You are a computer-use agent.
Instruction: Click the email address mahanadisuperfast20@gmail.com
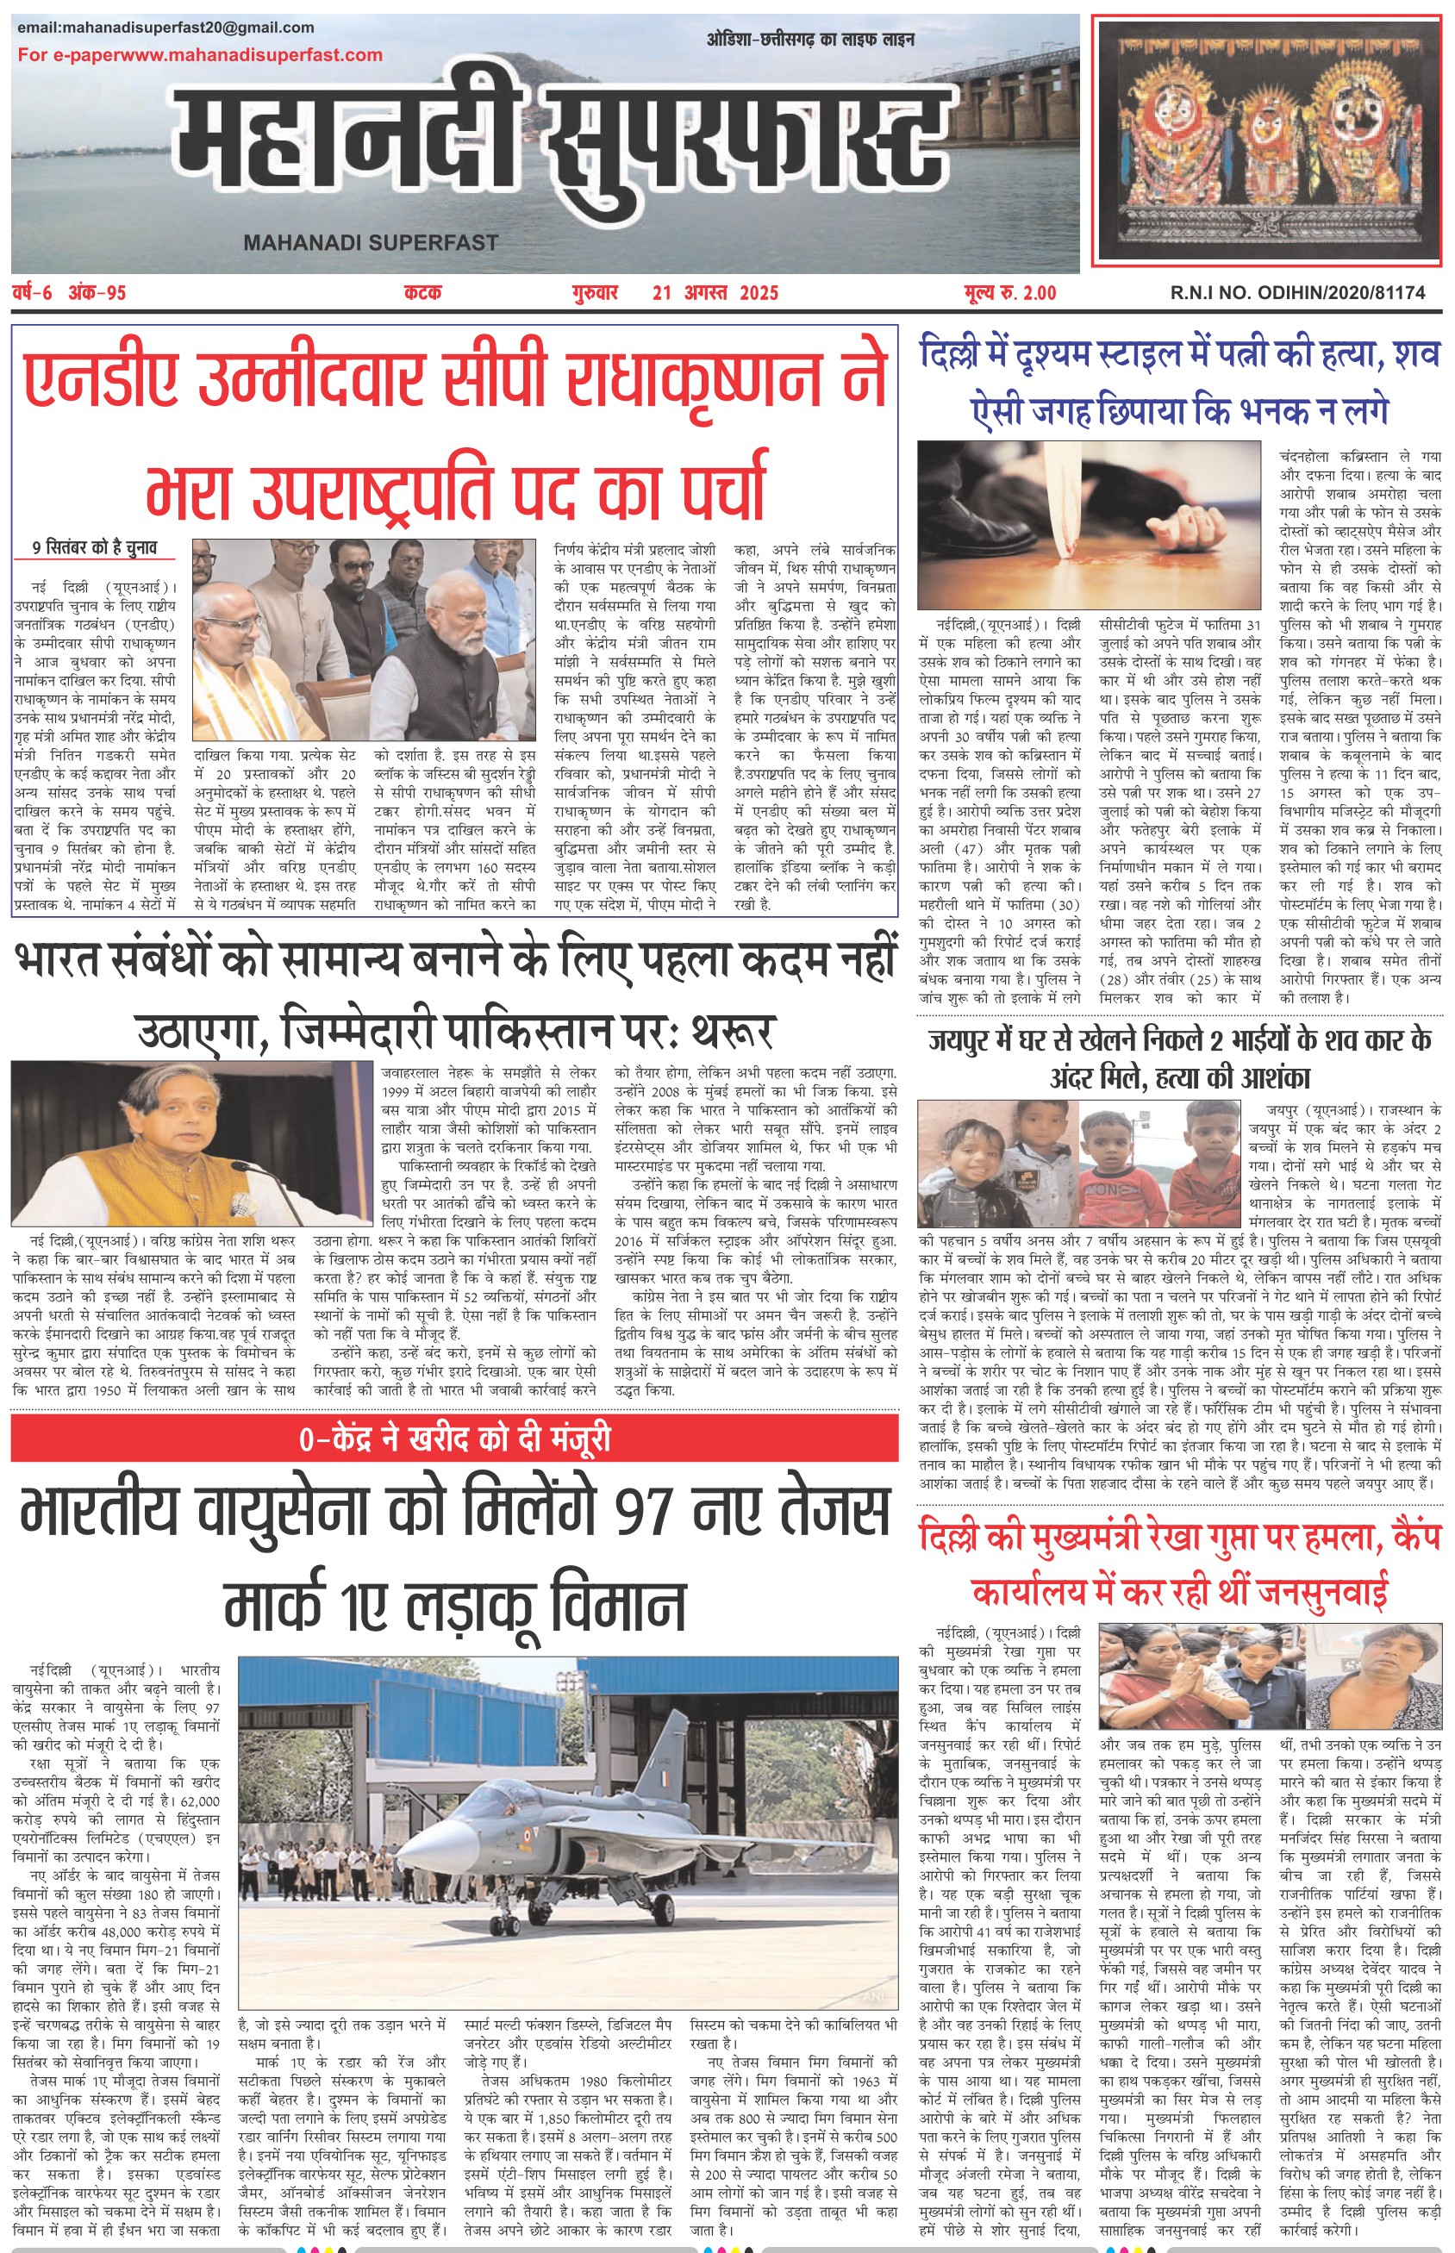(x=165, y=28)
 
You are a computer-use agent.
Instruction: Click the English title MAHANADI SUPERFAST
(x=371, y=243)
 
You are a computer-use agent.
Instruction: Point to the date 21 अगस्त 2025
(x=715, y=294)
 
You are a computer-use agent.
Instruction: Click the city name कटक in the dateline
(x=422, y=294)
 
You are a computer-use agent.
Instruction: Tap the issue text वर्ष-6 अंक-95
(x=70, y=294)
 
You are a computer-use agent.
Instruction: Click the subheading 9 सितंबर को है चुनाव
(x=95, y=548)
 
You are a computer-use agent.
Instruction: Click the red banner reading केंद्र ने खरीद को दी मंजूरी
(x=454, y=1439)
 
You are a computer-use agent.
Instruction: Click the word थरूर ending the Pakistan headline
(x=731, y=1032)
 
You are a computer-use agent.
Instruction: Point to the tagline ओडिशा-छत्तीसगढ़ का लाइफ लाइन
(x=809, y=40)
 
